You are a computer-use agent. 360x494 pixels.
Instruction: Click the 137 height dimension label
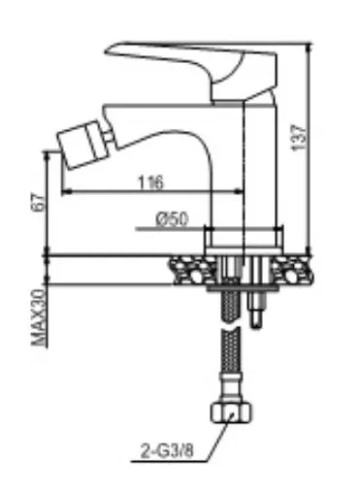pyautogui.click(x=299, y=137)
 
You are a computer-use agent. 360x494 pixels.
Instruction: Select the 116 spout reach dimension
pyautogui.click(x=151, y=182)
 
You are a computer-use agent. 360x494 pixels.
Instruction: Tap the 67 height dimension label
pyautogui.click(x=38, y=202)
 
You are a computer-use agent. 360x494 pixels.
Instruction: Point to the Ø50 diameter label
pyautogui.click(x=172, y=219)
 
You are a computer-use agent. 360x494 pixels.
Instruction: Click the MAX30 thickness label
pyautogui.click(x=39, y=317)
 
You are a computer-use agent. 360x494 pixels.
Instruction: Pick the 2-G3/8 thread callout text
pyautogui.click(x=167, y=449)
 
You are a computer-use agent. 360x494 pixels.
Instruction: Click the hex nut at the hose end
pyautogui.click(x=231, y=412)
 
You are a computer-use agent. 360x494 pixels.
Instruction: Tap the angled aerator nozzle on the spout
pyautogui.click(x=82, y=144)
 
